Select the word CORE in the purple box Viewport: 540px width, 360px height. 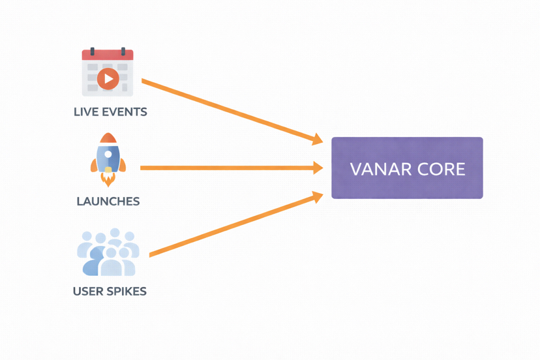click(442, 170)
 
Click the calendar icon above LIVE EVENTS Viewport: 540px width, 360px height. click(108, 72)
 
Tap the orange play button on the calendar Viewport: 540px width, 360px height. click(108, 79)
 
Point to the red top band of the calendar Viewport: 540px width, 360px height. click(108, 55)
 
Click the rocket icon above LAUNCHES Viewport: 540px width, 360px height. click(108, 159)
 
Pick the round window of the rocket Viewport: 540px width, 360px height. click(108, 155)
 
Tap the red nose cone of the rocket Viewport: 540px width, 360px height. click(108, 138)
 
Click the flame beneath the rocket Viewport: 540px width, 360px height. click(108, 179)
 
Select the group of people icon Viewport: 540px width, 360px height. click(108, 253)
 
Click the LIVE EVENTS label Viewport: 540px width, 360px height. click(110, 112)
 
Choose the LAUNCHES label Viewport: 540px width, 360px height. click(108, 202)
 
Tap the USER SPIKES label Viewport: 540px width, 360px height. click(110, 291)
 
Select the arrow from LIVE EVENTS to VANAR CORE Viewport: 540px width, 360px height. click(228, 110)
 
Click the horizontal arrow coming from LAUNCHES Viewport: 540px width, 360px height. click(228, 168)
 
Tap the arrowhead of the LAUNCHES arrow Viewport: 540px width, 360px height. click(318, 168)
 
